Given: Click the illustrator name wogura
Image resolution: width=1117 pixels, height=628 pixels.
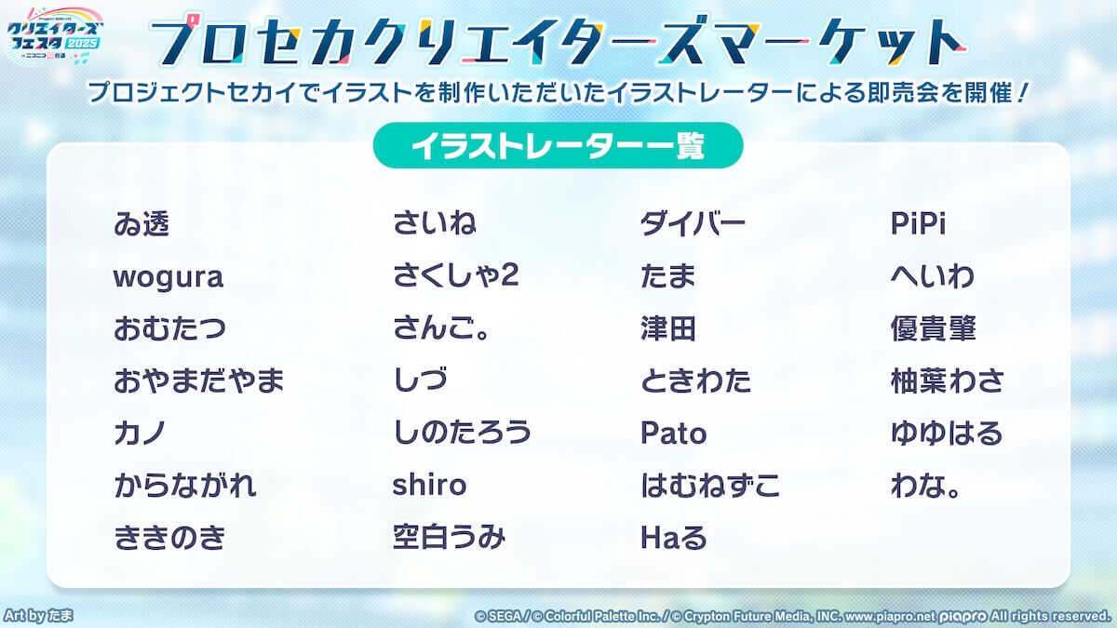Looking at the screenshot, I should point(168,277).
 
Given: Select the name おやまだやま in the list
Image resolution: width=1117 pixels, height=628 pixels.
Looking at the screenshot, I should point(199,381).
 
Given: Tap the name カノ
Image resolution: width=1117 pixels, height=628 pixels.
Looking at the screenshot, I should point(140,434).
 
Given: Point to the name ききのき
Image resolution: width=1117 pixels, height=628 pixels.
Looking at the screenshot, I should point(169,538).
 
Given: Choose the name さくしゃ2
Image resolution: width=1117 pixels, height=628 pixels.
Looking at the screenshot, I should point(455,277).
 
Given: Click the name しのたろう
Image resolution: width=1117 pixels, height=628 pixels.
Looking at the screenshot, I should point(462,434).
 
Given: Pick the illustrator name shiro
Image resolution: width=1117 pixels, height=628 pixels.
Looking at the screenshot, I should point(429,486).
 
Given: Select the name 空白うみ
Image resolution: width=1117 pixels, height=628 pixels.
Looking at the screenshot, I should point(449,538).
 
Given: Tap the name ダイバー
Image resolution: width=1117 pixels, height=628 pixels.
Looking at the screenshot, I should point(693,224).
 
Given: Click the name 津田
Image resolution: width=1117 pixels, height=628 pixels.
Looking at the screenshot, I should point(667,329).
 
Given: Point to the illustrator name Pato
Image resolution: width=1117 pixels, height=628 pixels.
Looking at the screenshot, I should point(673,434).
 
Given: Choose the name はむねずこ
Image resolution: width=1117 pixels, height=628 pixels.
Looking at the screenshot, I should point(709,486).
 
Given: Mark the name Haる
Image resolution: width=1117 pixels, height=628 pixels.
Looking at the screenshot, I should point(674,538).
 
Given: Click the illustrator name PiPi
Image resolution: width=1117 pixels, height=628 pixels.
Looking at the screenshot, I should point(918,224).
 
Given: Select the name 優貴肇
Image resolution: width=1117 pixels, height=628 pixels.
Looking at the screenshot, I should point(933,329).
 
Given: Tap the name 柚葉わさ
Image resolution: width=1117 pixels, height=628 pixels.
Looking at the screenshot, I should point(947,381).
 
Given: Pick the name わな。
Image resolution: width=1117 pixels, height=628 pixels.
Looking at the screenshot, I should point(925,486).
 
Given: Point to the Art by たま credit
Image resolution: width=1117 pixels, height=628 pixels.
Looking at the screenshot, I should point(39,616).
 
